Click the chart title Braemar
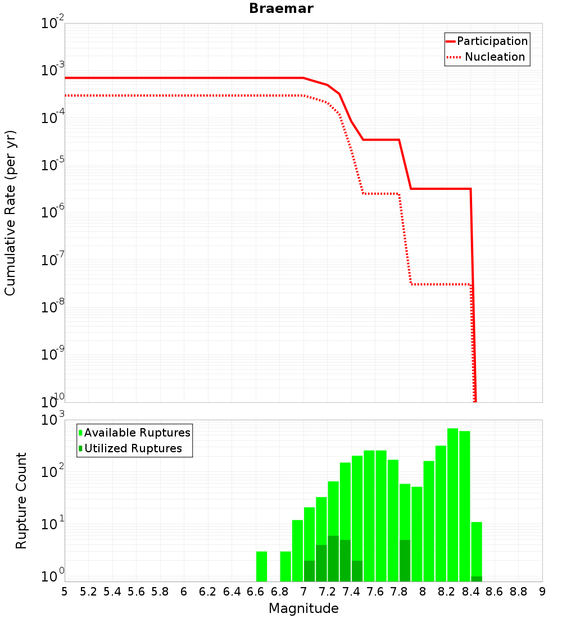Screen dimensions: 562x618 click(x=281, y=8)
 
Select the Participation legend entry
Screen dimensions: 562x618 click(x=487, y=41)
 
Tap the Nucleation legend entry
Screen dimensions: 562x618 click(x=486, y=57)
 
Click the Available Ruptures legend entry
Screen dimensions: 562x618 click(x=134, y=433)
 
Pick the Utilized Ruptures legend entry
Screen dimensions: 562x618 click(x=130, y=448)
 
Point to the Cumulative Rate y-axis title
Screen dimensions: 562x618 click(x=10, y=213)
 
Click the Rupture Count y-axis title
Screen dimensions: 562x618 click(x=21, y=501)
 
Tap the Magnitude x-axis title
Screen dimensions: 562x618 click(x=303, y=608)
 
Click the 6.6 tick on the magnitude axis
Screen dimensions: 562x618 click(x=256, y=592)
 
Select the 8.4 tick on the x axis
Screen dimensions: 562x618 click(x=470, y=592)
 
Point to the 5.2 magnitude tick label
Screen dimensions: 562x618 click(x=88, y=592)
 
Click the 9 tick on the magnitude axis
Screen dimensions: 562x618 click(x=542, y=592)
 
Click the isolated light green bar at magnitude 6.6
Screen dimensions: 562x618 click(x=261, y=566)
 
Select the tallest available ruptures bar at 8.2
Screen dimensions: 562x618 click(x=453, y=505)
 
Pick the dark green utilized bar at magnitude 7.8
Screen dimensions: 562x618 click(x=405, y=561)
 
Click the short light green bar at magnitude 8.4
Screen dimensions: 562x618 click(x=477, y=549)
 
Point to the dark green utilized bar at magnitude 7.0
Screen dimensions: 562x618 click(x=310, y=571)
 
